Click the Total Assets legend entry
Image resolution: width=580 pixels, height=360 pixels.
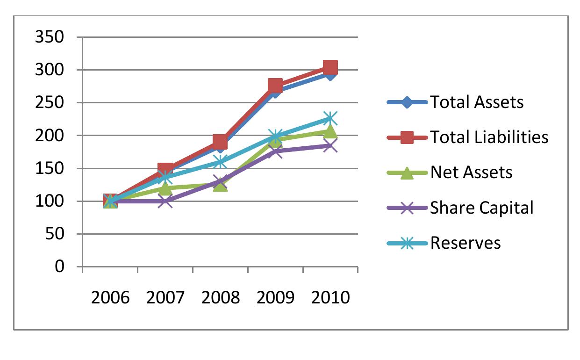click(x=476, y=102)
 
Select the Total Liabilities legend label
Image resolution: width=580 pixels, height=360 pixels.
click(x=489, y=137)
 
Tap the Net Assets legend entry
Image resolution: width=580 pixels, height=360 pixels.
click(x=471, y=173)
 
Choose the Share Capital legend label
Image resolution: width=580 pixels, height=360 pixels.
click(x=481, y=208)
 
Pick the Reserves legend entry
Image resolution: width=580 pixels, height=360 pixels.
click(x=465, y=243)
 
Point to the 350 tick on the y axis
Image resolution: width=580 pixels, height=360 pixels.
click(x=49, y=37)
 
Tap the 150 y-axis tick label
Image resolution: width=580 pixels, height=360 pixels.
click(x=49, y=168)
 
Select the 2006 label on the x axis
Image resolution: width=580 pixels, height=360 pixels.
click(x=110, y=297)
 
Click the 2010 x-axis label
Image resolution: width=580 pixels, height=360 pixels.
click(x=330, y=297)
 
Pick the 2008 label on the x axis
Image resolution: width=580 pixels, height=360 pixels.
click(x=220, y=297)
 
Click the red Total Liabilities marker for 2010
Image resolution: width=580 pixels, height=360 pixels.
click(x=330, y=68)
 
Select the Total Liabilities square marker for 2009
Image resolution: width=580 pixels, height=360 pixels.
click(x=275, y=86)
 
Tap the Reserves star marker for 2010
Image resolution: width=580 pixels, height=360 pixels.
click(x=330, y=119)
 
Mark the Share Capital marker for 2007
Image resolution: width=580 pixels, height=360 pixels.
click(x=165, y=202)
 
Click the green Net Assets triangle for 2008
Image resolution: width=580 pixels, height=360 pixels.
click(x=220, y=185)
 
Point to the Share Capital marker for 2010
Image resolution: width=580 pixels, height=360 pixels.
click(x=330, y=146)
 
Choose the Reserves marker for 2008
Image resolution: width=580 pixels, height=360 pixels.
click(x=220, y=162)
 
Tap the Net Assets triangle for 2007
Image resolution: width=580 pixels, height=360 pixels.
click(x=165, y=188)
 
